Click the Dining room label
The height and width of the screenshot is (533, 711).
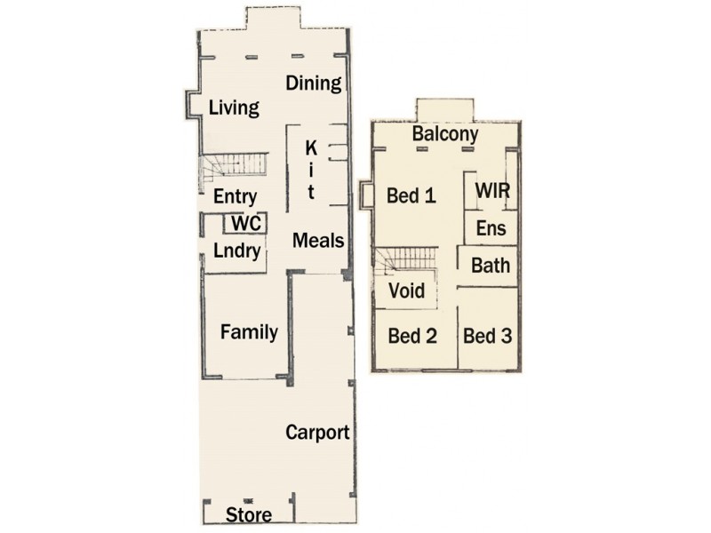point(314,84)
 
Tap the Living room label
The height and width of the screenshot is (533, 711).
point(234,108)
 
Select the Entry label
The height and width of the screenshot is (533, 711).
point(236,197)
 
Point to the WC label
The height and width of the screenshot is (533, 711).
point(244,224)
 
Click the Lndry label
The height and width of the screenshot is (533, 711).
point(236,251)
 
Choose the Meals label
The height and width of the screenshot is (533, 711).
point(318,240)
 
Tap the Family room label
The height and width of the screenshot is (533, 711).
point(249,333)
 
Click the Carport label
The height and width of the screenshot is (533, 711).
point(317,434)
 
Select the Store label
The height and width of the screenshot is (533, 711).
point(248,515)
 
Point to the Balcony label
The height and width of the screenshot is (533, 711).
point(445,135)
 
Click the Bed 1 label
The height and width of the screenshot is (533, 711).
point(411,196)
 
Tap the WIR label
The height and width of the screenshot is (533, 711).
point(492,191)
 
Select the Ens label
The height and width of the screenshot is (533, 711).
point(491,228)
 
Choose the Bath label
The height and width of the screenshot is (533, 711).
point(491,265)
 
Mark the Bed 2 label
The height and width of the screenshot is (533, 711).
point(412,337)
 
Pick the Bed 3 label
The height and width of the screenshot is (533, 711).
point(488,337)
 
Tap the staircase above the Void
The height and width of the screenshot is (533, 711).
point(405,261)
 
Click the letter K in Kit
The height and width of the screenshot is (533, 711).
point(312,147)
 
